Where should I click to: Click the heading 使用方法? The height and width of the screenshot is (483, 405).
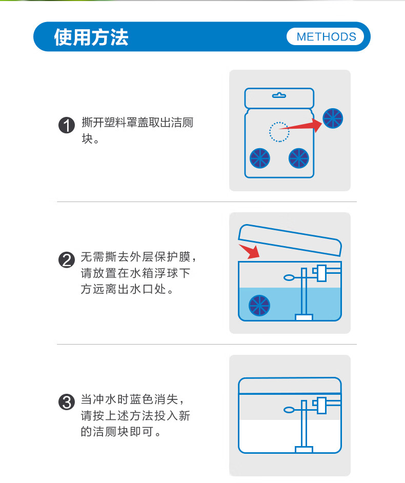point(91,37)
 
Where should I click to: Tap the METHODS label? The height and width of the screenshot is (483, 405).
point(326,37)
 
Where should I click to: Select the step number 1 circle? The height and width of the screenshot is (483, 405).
point(67,126)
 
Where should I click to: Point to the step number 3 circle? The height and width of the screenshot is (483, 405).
point(67,402)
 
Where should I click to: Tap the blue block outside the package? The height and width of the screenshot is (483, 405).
point(333,118)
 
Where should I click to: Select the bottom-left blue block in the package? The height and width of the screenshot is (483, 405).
point(259,158)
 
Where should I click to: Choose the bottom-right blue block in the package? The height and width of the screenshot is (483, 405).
point(298,158)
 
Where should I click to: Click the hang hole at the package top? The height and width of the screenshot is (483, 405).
point(279,95)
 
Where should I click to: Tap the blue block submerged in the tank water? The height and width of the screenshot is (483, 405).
point(259,306)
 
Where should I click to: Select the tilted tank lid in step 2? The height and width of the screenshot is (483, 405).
point(290,239)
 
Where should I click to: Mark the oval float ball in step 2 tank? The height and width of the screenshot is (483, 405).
point(289,277)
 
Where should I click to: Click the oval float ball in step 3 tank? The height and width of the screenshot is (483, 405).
point(289,410)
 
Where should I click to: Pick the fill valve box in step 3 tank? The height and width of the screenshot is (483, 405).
point(321,406)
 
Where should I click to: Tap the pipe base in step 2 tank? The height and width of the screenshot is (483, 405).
point(304,317)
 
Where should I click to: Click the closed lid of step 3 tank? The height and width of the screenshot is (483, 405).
point(290,386)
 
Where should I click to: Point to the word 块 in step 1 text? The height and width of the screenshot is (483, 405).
point(87,138)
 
